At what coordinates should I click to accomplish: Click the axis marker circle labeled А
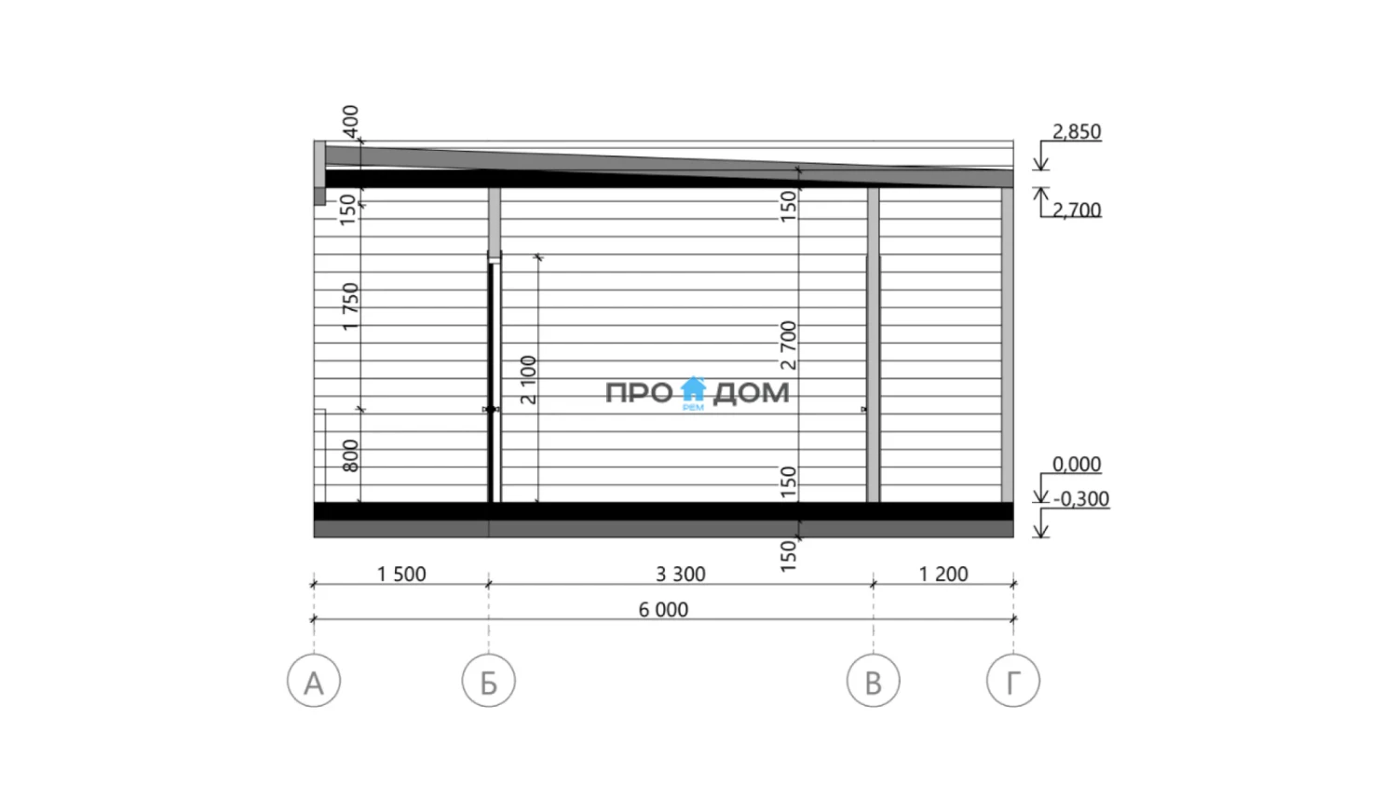(x=314, y=680)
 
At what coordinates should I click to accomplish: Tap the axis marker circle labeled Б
(x=488, y=680)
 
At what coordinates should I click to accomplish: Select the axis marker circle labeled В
(x=874, y=680)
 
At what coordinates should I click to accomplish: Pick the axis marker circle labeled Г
(x=1013, y=680)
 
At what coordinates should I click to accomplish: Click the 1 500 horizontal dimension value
(x=401, y=574)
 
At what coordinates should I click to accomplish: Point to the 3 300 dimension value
(x=681, y=574)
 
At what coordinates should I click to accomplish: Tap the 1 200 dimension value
(x=943, y=574)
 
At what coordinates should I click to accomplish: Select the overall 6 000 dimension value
(x=663, y=609)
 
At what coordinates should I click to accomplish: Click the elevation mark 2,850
(x=1077, y=131)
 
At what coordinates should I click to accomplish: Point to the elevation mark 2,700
(x=1077, y=210)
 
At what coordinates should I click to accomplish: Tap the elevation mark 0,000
(x=1077, y=464)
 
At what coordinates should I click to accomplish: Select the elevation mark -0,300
(x=1080, y=499)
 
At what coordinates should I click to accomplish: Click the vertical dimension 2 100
(x=528, y=380)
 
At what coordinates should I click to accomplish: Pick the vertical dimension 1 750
(x=350, y=306)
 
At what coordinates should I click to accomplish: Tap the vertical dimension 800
(x=350, y=456)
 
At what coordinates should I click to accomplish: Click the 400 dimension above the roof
(x=350, y=122)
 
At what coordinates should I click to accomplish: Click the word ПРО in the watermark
(x=639, y=393)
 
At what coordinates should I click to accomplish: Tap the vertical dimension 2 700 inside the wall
(x=788, y=345)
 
